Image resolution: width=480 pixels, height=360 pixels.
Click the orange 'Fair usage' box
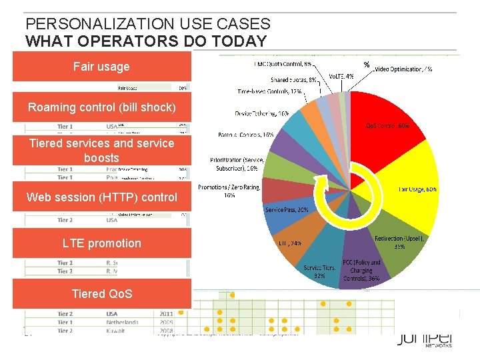pyautogui.click(x=101, y=67)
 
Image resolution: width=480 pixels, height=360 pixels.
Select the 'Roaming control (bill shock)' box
pyautogui.click(x=101, y=107)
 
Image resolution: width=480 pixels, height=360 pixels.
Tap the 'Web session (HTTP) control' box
pyautogui.click(x=101, y=197)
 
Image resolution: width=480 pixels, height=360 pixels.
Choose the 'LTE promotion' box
pyautogui.click(x=101, y=243)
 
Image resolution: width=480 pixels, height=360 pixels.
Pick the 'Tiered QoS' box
pyautogui.click(x=101, y=294)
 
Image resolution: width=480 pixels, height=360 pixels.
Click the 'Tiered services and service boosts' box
pyautogui.click(x=101, y=151)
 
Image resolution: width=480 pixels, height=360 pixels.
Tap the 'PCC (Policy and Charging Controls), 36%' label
pyautogui.click(x=362, y=271)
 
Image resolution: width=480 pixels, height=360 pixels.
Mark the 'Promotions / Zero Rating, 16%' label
pyautogui.click(x=230, y=191)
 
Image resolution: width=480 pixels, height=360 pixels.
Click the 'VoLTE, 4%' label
pyautogui.click(x=341, y=76)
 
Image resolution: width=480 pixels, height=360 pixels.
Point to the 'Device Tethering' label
pyautogui.click(x=262, y=113)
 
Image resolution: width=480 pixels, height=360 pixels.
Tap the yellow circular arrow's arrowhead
pyautogui.click(x=321, y=181)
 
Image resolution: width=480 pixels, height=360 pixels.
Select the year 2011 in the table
pyautogui.click(x=167, y=313)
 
